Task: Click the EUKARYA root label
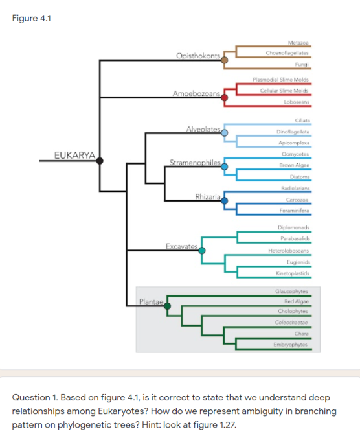74,154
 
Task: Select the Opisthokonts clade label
199,56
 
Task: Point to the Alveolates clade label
204,130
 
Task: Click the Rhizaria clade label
208,196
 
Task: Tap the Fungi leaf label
301,64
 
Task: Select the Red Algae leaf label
296,301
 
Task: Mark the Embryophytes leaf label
291,344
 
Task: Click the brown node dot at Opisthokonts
225,60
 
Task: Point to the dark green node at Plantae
168,305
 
